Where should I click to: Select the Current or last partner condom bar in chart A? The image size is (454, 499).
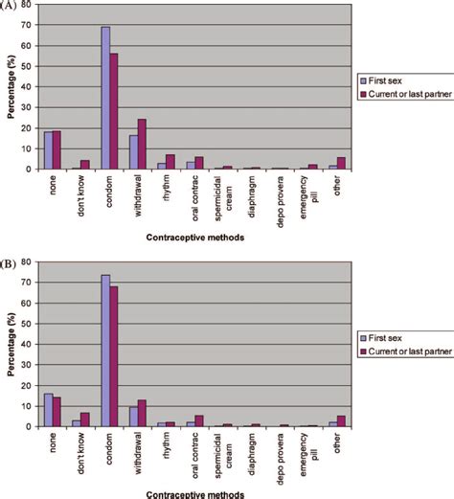point(113,111)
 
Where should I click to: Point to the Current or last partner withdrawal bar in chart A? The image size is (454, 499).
point(141,144)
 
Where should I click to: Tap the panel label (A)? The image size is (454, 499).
point(8,4)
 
